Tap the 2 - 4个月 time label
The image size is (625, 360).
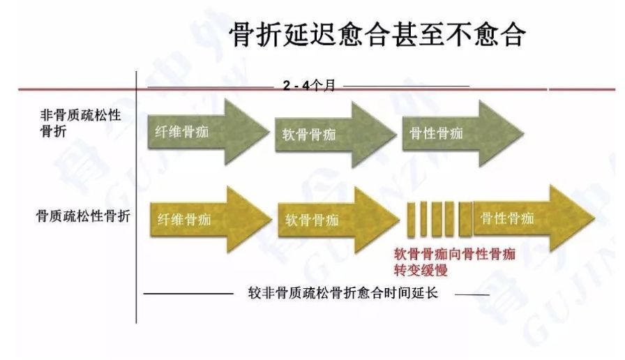pos(309,86)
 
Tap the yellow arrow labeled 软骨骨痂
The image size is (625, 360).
pos(324,220)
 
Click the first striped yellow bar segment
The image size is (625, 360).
pos(412,218)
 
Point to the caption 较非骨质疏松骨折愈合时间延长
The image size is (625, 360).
pos(342,292)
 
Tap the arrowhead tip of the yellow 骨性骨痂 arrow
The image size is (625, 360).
pos(593,218)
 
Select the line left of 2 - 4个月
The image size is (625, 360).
pos(210,87)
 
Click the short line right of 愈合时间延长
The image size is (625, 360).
pos(472,294)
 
